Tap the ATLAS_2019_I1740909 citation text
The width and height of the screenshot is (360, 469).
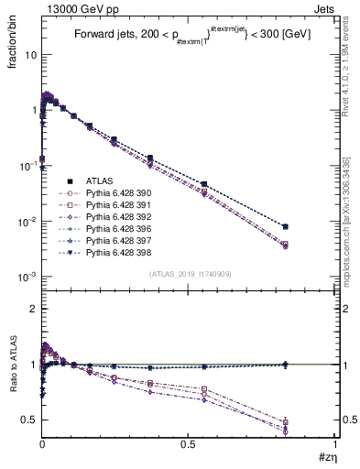point(189,274)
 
